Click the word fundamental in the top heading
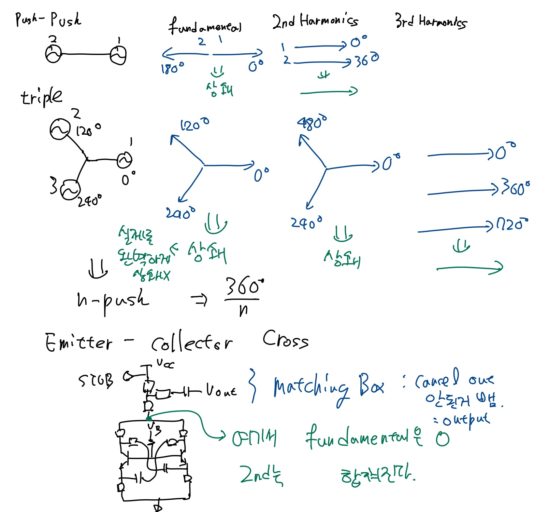point(205,26)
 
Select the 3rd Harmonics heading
point(431,21)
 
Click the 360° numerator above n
point(244,286)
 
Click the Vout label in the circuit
point(221,390)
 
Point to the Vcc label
point(165,364)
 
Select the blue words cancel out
point(454,379)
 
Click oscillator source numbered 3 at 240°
point(71,190)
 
